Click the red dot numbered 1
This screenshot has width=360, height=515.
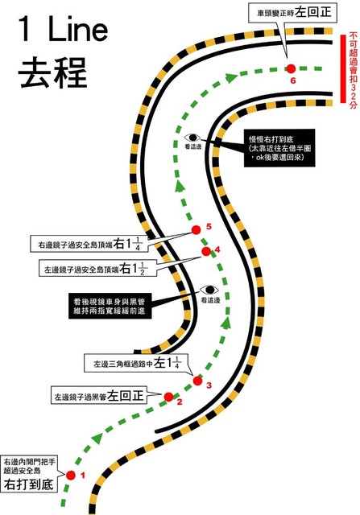(x=71, y=475)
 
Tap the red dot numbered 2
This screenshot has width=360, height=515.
(x=168, y=397)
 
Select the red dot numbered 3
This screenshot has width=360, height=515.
(x=197, y=381)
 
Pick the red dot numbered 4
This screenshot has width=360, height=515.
(x=206, y=251)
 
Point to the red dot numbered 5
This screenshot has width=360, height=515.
(x=197, y=230)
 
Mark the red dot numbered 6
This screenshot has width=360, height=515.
(x=291, y=68)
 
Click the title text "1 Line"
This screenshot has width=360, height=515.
(x=63, y=29)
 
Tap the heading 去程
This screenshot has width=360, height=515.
(x=52, y=72)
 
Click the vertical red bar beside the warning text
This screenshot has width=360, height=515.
(x=343, y=68)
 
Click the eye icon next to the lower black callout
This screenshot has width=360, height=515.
(x=209, y=290)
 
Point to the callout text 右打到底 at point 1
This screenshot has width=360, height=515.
(x=29, y=484)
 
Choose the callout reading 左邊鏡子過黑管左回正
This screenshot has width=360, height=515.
(x=99, y=395)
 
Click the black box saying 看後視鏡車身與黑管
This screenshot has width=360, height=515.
(x=110, y=306)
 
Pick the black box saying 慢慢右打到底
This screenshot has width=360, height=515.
(x=279, y=148)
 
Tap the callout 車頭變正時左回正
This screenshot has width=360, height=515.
(x=292, y=13)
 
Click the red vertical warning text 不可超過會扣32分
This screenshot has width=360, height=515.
(x=354, y=70)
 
